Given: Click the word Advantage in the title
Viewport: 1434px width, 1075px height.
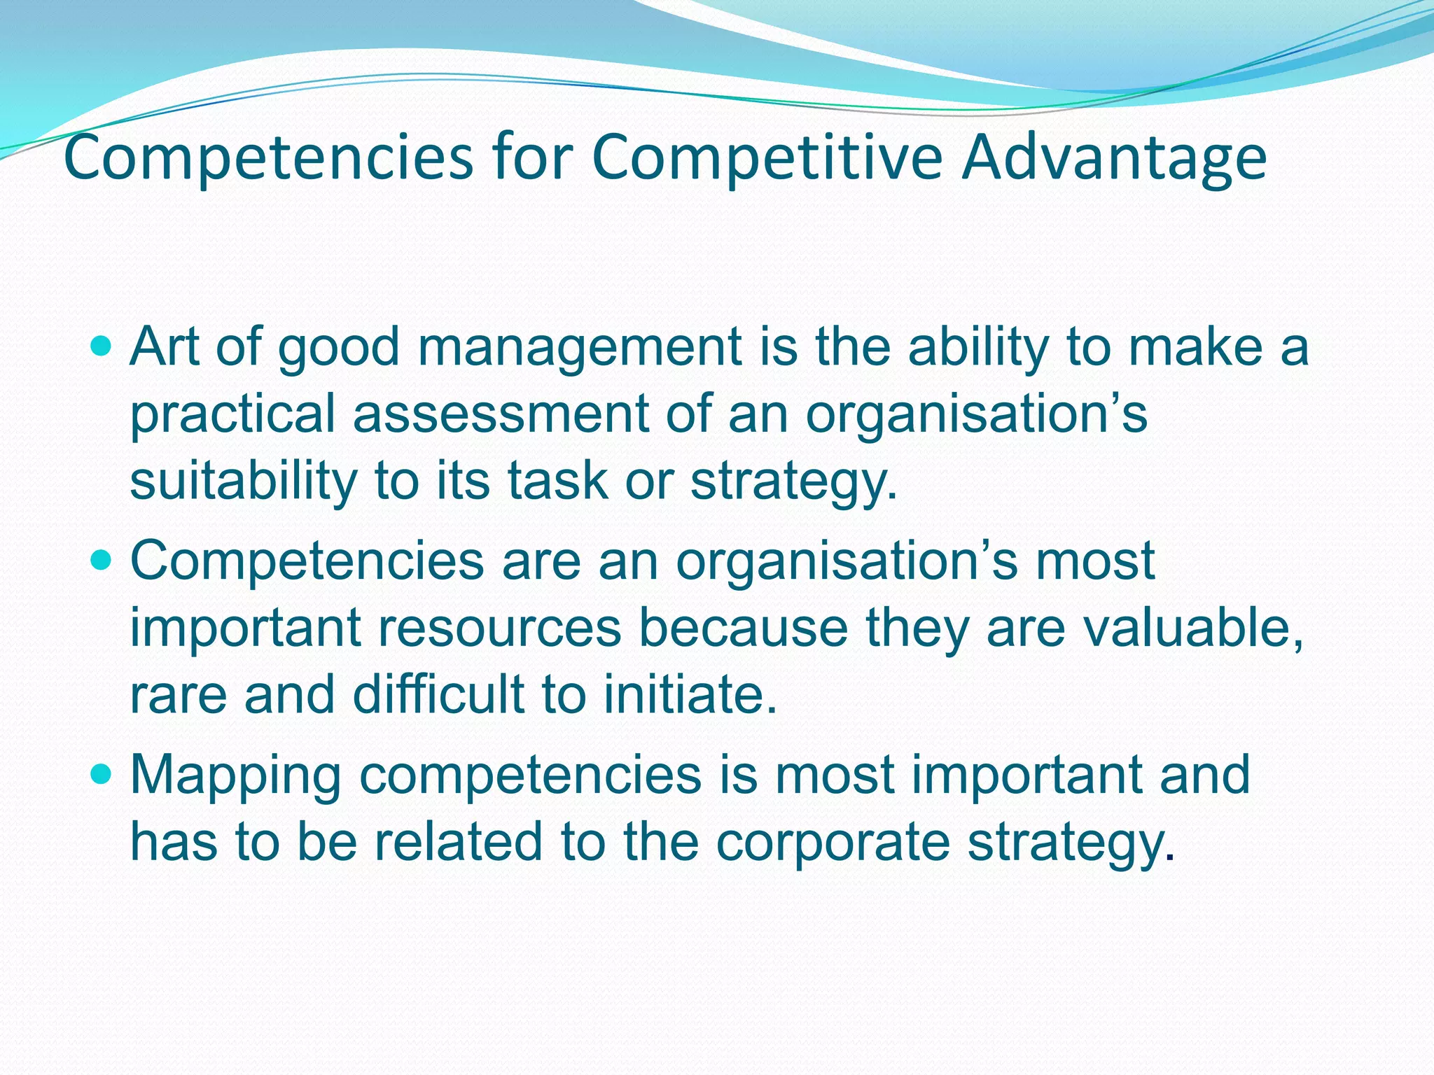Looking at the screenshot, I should pyautogui.click(x=1113, y=158).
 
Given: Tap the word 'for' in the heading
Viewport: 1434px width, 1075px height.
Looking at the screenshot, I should pyautogui.click(x=532, y=158).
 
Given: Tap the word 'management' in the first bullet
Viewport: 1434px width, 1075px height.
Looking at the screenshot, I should pyautogui.click(x=580, y=348).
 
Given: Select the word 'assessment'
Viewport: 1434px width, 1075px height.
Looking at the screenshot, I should pyautogui.click(x=500, y=414).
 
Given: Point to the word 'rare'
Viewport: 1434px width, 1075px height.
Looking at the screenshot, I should pyautogui.click(x=178, y=695).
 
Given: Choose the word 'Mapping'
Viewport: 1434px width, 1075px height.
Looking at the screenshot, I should pyautogui.click(x=235, y=775).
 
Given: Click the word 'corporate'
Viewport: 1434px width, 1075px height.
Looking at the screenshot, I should pyautogui.click(x=833, y=842).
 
